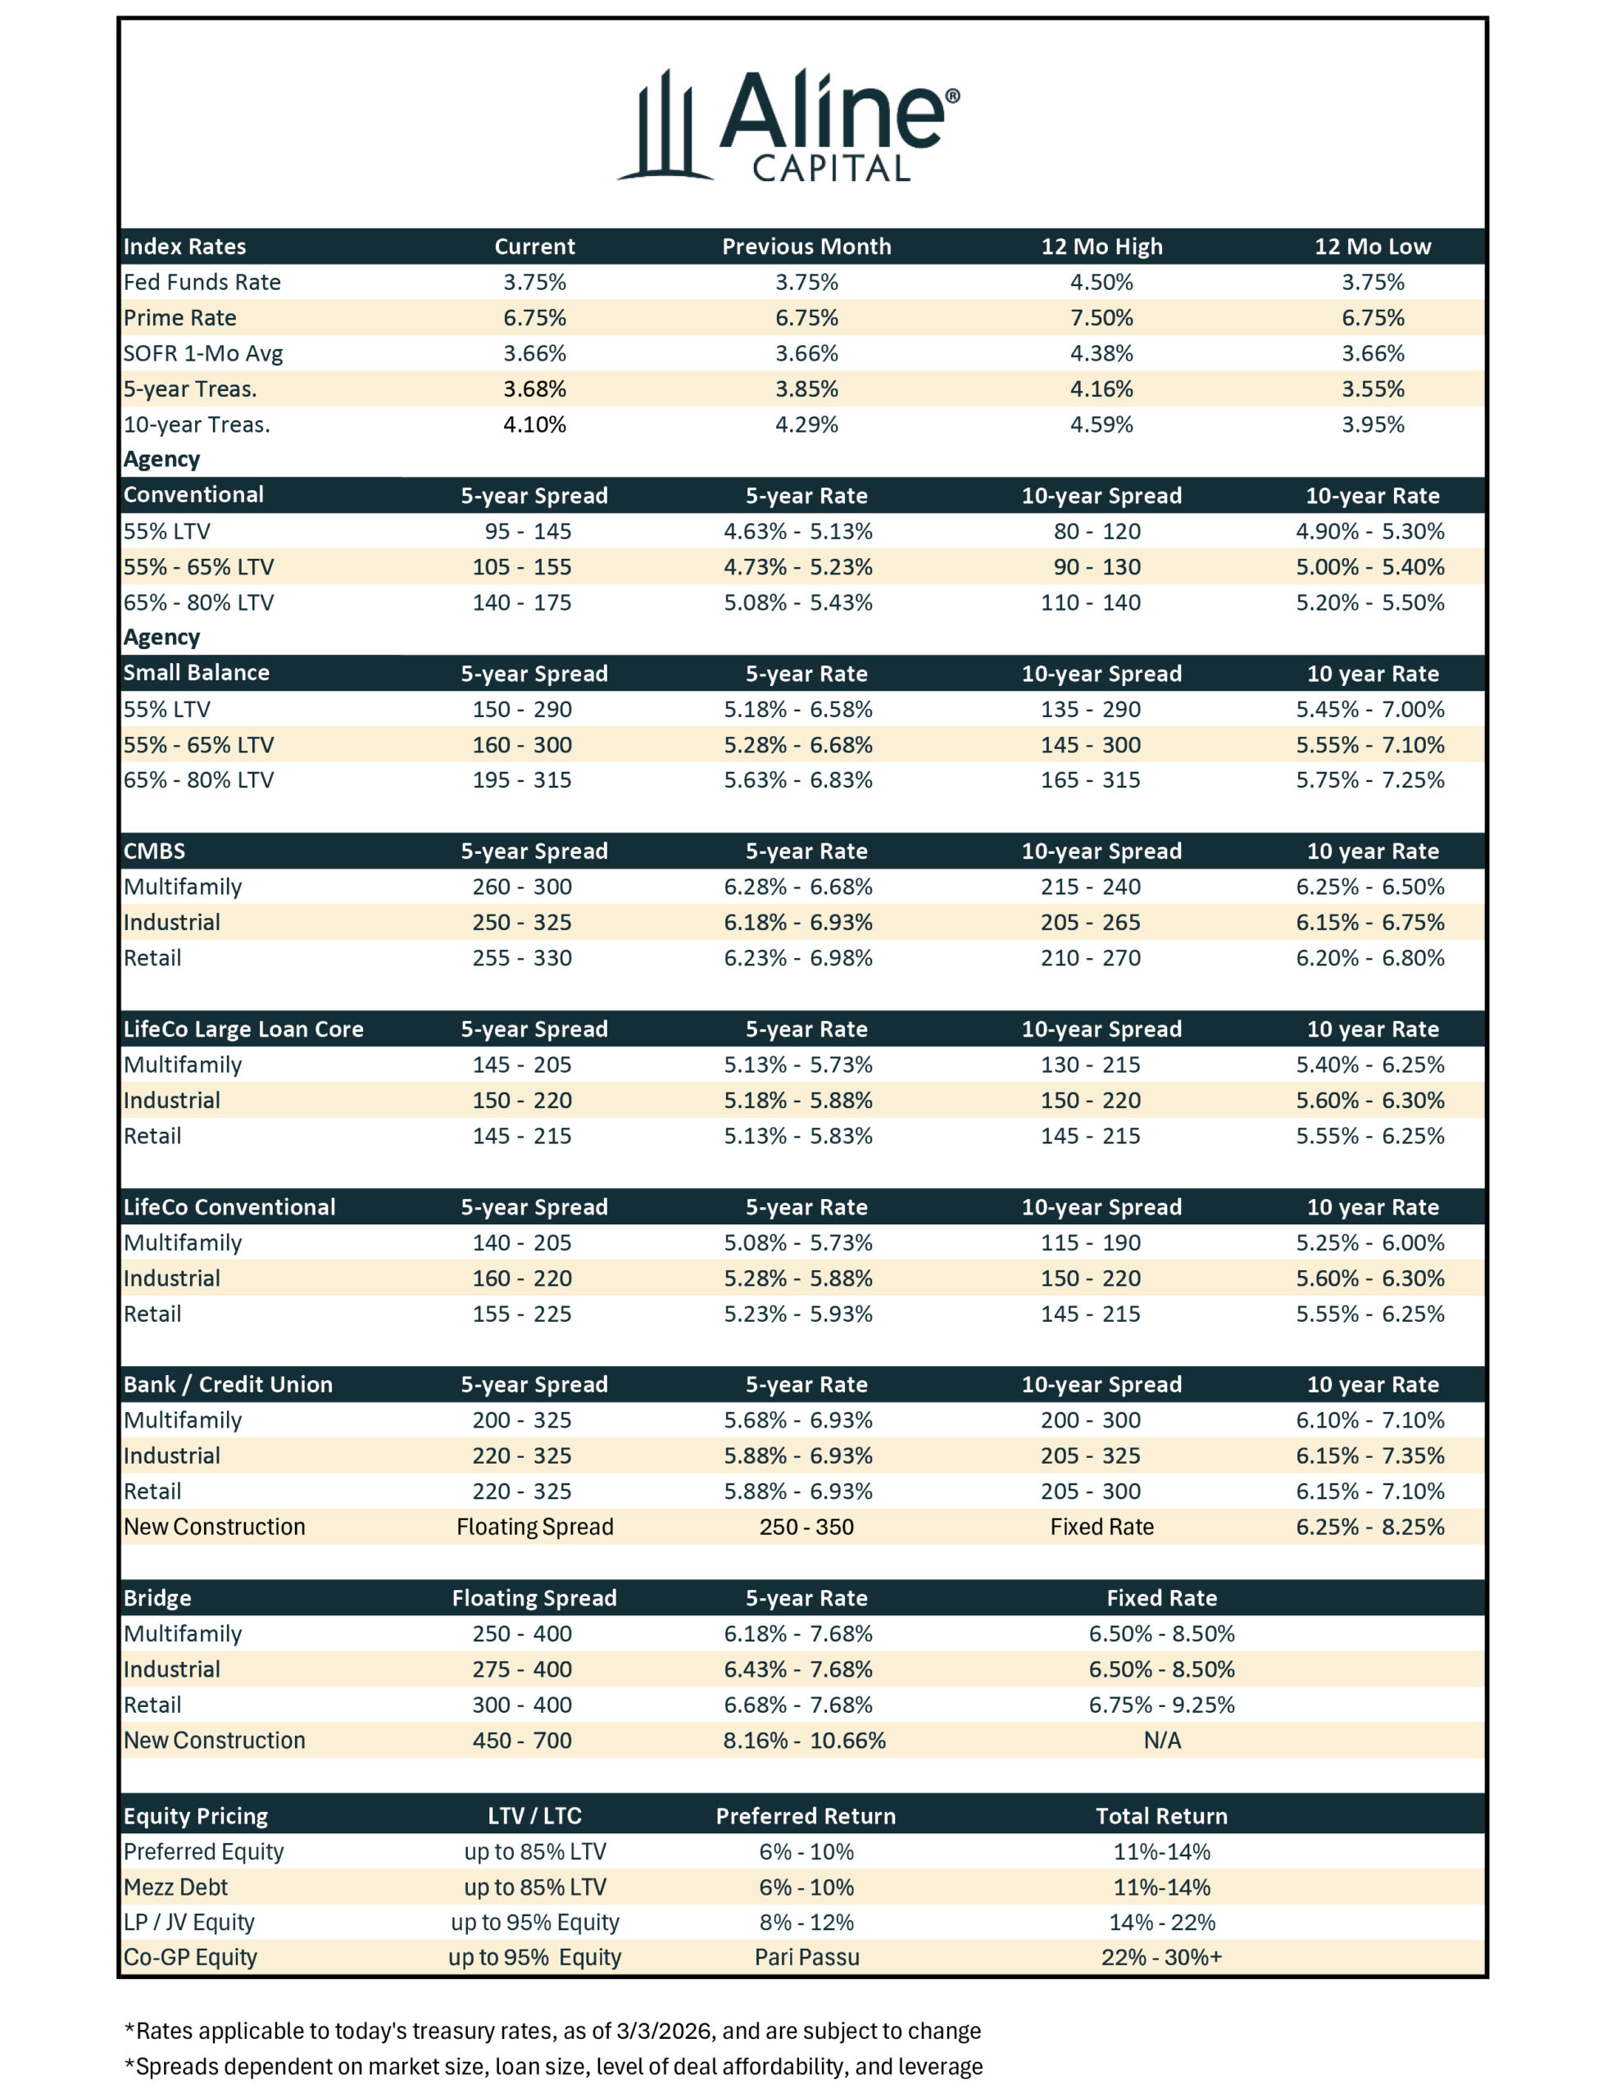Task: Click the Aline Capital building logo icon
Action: (x=664, y=127)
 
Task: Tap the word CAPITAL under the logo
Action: (x=831, y=170)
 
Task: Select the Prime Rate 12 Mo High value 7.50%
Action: (x=1101, y=318)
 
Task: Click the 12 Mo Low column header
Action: (x=1372, y=247)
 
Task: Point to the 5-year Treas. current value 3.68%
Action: (x=534, y=389)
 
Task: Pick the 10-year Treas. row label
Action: (x=196, y=425)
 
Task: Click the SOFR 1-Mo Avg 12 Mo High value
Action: (x=1101, y=353)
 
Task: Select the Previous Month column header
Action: (x=806, y=247)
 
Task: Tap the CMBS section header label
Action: (x=154, y=851)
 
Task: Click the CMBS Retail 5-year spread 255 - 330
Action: (x=522, y=958)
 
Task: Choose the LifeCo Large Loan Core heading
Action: (x=243, y=1029)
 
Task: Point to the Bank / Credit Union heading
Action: (x=228, y=1384)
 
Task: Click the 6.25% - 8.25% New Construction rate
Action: (x=1369, y=1527)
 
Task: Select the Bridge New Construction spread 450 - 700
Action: (x=522, y=1740)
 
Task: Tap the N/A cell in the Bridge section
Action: (x=1162, y=1740)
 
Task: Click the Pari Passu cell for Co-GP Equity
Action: (x=806, y=1957)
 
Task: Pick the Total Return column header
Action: (x=1162, y=1815)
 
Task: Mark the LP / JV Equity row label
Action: (x=188, y=1921)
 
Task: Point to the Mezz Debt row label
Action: (x=176, y=1887)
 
